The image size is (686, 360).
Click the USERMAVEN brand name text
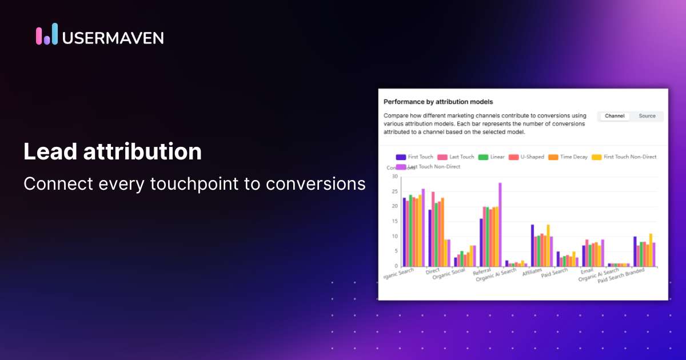click(113, 38)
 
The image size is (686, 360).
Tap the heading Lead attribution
click(113, 152)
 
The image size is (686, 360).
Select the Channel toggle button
click(615, 116)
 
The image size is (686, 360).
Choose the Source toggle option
click(647, 116)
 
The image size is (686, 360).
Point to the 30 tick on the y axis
click(394, 177)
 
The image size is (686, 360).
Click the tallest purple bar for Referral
click(500, 225)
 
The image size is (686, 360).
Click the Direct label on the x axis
click(432, 271)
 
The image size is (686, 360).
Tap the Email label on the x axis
click(587, 271)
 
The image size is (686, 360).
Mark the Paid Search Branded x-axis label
click(622, 277)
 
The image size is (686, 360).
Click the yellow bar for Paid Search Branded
click(651, 250)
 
